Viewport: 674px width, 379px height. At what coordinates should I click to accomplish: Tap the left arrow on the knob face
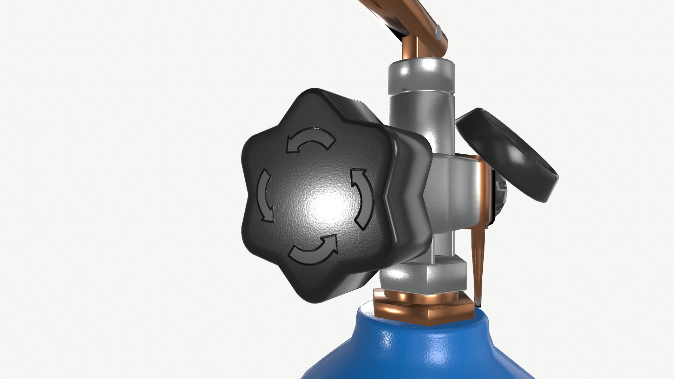pyautogui.click(x=265, y=197)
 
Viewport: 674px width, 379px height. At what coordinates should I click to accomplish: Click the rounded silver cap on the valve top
pyautogui.click(x=421, y=75)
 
